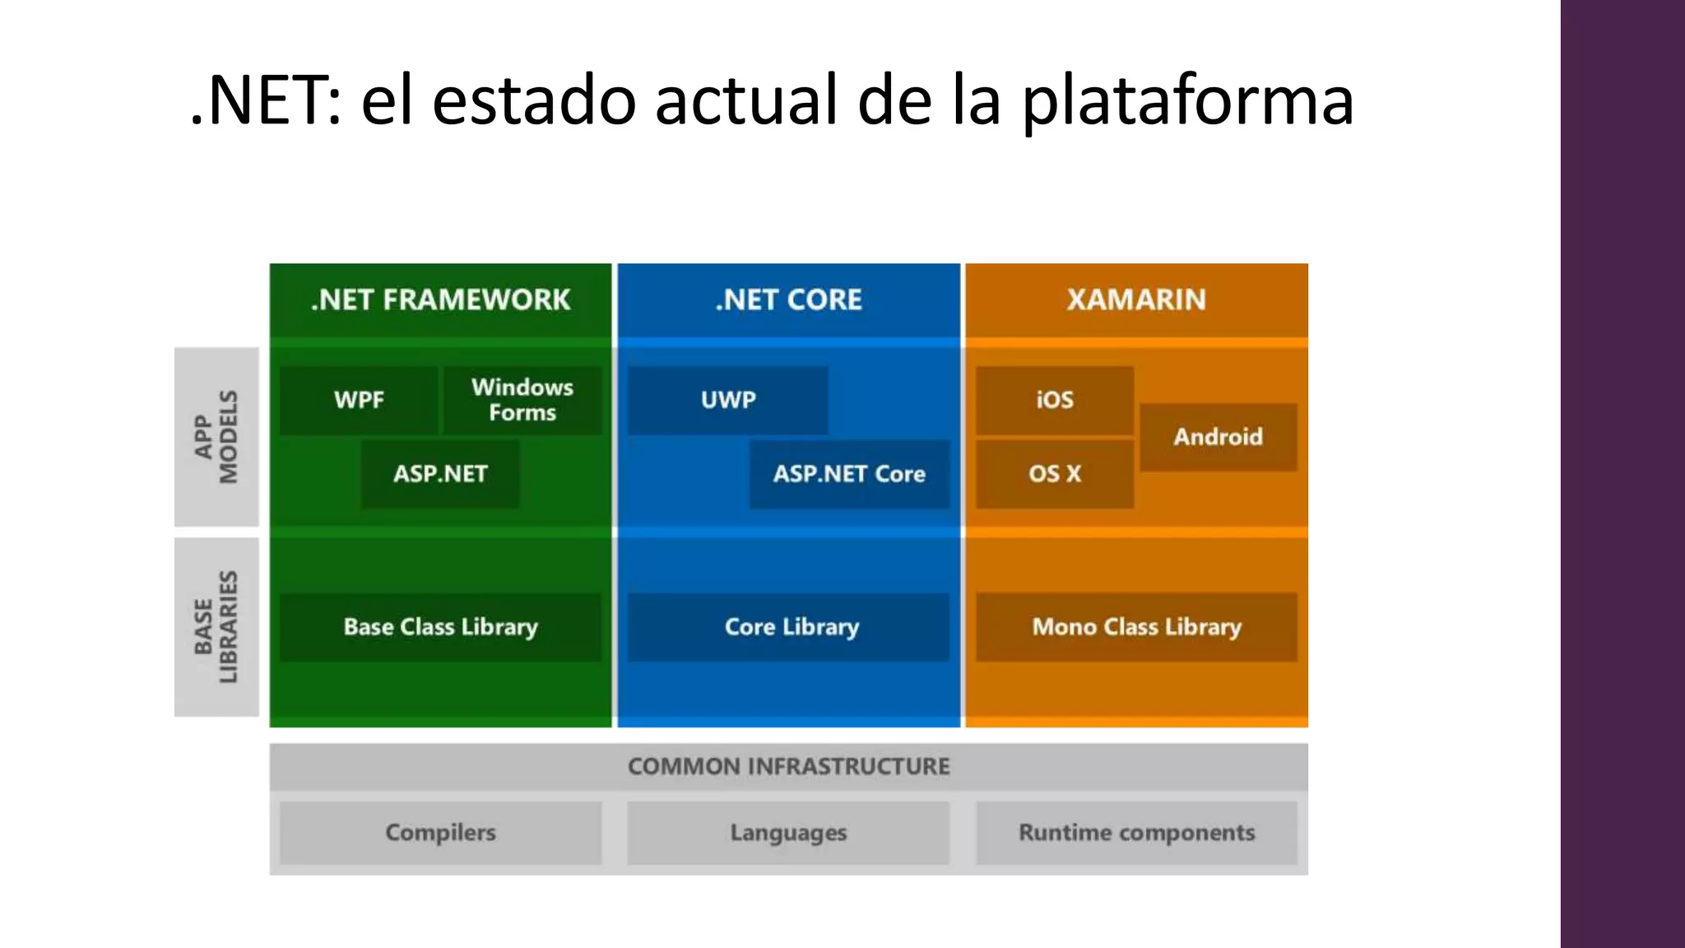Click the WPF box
point(359,400)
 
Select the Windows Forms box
point(522,400)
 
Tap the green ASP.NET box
point(440,474)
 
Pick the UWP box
point(728,400)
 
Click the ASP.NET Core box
point(849,474)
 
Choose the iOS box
point(1055,400)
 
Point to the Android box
point(1218,437)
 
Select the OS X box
point(1055,474)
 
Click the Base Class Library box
point(440,627)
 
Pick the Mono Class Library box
point(1137,627)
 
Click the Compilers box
point(440,833)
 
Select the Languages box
point(788,833)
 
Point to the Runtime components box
point(1137,833)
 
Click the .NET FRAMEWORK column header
point(440,300)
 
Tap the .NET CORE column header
point(788,300)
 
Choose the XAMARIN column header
point(1137,300)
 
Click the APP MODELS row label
point(216,437)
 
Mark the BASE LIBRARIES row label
point(216,627)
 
